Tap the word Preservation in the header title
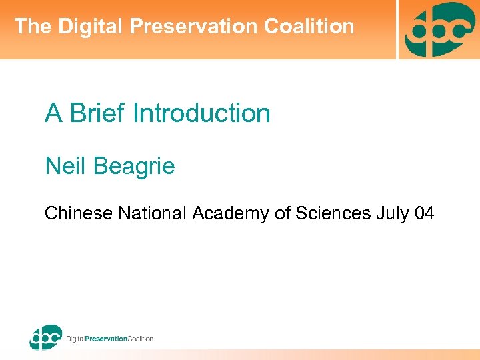[x=195, y=27]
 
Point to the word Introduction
[x=201, y=113]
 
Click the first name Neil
[x=63, y=165]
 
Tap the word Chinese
[x=79, y=213]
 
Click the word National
[x=153, y=213]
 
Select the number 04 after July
[x=424, y=213]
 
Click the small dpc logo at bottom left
[x=45, y=337]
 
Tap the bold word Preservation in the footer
[x=109, y=339]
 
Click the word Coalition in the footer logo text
[x=141, y=339]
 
